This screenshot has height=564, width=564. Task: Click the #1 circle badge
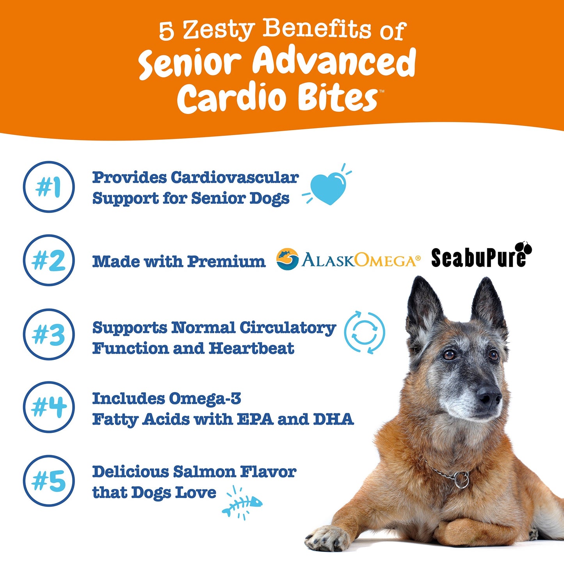click(x=49, y=187)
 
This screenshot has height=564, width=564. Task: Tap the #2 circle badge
click(x=49, y=260)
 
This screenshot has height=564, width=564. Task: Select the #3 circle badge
click(x=49, y=334)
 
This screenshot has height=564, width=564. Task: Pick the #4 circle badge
click(x=49, y=407)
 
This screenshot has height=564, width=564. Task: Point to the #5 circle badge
click(x=49, y=481)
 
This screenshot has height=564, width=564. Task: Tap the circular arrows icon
click(x=364, y=333)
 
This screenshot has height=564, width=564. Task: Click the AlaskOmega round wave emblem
click(x=287, y=259)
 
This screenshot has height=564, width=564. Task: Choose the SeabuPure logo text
click(x=478, y=258)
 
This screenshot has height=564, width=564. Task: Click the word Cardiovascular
click(x=235, y=178)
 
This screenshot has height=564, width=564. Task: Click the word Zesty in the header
click(x=219, y=30)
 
